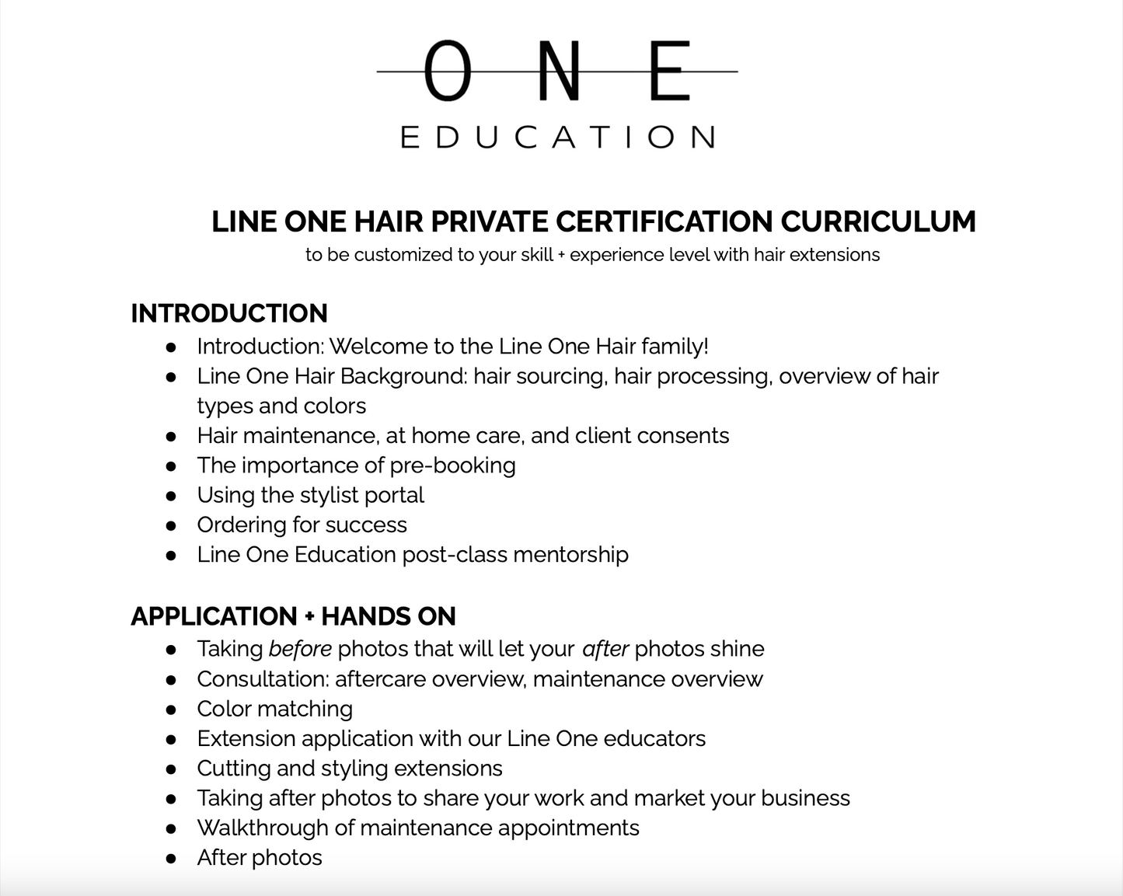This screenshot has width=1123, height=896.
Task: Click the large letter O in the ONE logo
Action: pos(448,71)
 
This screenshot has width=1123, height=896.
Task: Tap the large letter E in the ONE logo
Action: pos(669,71)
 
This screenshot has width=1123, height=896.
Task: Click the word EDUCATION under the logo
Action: pos(557,138)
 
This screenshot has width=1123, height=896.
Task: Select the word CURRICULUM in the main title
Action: pos(878,221)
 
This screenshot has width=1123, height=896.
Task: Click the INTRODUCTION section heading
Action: pos(229,313)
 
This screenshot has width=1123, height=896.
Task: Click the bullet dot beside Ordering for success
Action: pos(171,525)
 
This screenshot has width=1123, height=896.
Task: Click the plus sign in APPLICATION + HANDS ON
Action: pos(309,617)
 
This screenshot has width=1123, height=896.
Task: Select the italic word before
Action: pos(300,649)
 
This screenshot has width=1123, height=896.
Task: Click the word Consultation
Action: pos(263,679)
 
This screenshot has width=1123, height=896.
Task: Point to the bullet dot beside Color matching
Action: pos(171,709)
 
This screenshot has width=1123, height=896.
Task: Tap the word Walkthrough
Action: pos(263,828)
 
